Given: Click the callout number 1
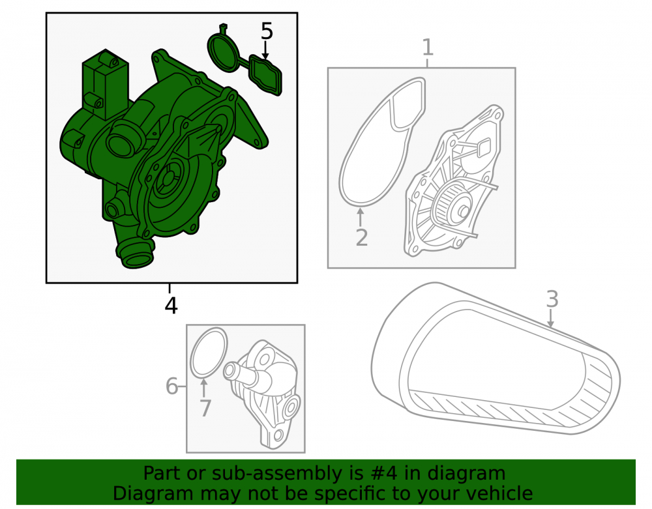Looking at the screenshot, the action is click(428, 48).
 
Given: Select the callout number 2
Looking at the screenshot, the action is click(362, 238).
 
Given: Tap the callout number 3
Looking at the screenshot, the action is click(552, 298).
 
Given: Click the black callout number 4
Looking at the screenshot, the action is click(171, 306).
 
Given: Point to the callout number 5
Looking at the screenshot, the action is click(267, 31).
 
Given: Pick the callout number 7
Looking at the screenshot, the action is click(205, 408).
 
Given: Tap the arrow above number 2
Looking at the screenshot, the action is click(361, 217).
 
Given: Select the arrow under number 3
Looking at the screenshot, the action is click(550, 318).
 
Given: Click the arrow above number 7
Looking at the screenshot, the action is click(203, 388).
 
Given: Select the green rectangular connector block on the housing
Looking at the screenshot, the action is click(106, 84).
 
